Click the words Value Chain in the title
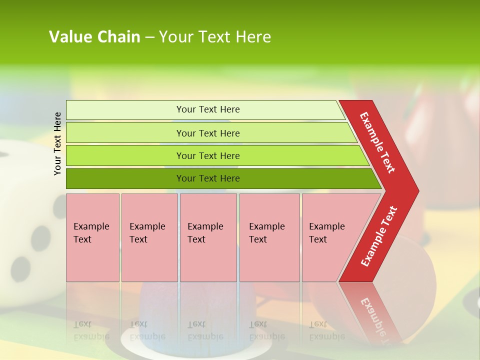click(94, 37)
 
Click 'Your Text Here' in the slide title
click(215, 37)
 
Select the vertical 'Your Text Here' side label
click(57, 143)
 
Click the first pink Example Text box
click(92, 237)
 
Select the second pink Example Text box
click(149, 237)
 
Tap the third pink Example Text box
click(208, 237)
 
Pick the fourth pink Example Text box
click(269, 237)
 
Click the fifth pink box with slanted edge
click(330, 237)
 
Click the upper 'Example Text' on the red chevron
click(377, 142)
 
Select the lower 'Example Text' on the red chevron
click(379, 236)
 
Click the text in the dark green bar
click(208, 178)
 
